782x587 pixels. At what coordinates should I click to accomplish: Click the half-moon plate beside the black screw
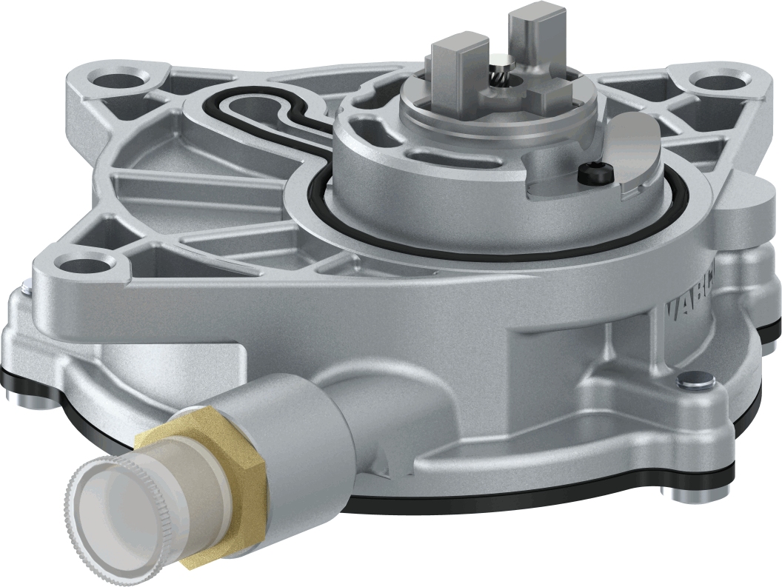coord(638,152)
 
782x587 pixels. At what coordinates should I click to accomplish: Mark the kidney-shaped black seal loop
coord(263,111)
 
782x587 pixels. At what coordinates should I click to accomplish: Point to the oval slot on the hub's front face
coord(430,155)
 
